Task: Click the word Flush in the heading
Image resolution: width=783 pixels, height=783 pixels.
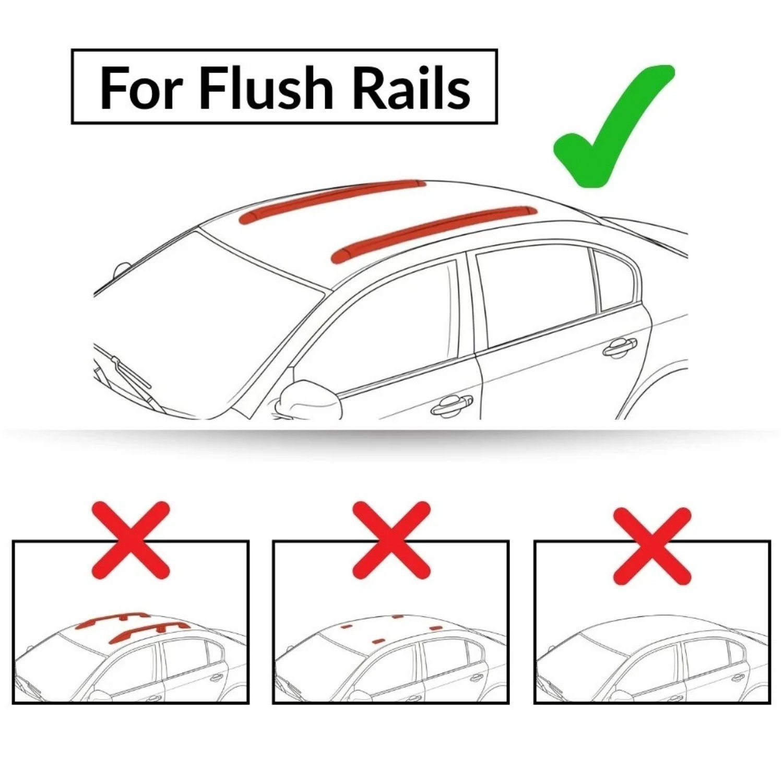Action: tap(266, 87)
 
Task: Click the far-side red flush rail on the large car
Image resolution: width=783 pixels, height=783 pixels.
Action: tap(331, 199)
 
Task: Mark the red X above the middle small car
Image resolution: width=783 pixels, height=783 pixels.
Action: tap(391, 540)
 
